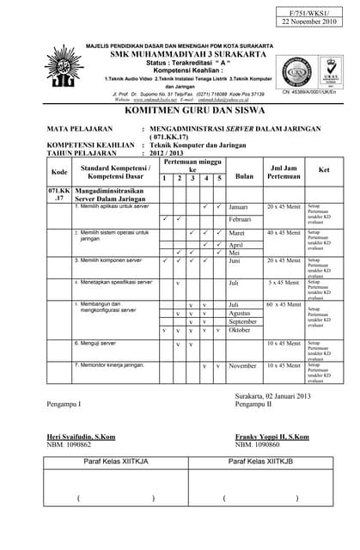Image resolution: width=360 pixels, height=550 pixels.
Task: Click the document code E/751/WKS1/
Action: (x=313, y=13)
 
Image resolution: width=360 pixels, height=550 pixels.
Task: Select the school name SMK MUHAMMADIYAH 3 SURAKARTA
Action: (x=180, y=53)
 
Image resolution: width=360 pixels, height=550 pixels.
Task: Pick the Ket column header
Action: (x=323, y=169)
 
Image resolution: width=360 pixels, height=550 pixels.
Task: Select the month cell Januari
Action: (x=239, y=207)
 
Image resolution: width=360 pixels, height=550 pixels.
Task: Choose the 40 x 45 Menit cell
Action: (x=283, y=233)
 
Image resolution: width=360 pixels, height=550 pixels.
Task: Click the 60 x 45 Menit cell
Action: (x=283, y=304)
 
